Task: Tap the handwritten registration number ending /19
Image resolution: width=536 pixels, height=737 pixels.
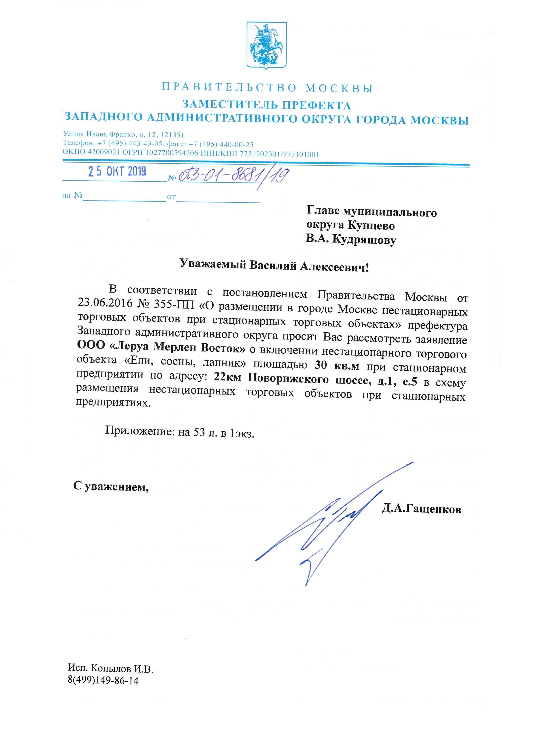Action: [x=233, y=176]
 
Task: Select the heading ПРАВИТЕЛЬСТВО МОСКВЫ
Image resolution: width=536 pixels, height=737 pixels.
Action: [x=267, y=88]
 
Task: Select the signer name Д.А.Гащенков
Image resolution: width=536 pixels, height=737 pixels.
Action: [x=421, y=509]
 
